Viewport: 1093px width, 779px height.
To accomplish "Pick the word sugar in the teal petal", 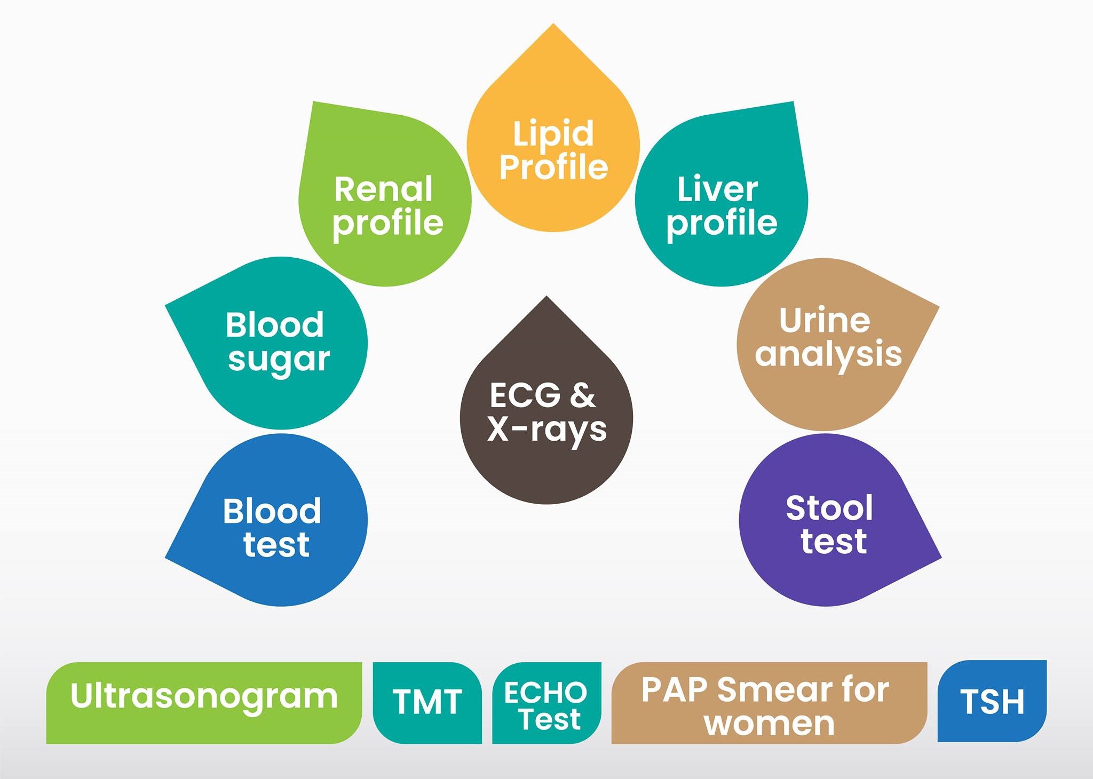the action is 279,360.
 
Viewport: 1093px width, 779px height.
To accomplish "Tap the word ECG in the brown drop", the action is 525,395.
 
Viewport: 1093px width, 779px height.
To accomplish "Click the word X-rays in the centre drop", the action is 547,430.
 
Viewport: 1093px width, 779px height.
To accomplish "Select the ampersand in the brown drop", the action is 582,395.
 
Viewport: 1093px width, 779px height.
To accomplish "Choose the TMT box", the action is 427,703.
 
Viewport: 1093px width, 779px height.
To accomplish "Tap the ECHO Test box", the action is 546,703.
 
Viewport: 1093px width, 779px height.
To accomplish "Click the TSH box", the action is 992,701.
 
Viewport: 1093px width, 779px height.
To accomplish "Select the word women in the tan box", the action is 769,724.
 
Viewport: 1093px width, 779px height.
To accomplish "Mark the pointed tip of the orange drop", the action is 553,23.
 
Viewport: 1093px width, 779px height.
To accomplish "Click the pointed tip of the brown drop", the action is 546,296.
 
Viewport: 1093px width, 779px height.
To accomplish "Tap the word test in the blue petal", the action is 276,545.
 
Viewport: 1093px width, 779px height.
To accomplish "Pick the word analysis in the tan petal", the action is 828,354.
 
